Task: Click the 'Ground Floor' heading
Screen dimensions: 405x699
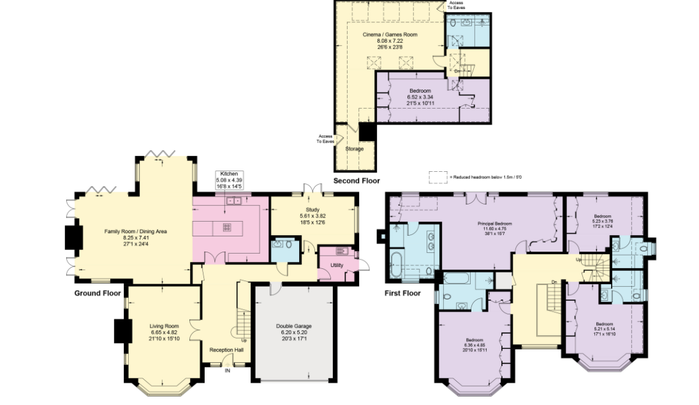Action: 97,293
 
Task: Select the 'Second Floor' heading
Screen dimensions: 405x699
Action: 356,181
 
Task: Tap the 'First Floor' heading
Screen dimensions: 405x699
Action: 402,293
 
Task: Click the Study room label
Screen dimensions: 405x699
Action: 313,215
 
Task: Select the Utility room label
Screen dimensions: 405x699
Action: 336,265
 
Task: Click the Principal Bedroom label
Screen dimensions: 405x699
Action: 495,229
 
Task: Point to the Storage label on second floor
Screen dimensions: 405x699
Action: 354,149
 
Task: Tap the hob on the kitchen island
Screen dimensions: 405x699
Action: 226,227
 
